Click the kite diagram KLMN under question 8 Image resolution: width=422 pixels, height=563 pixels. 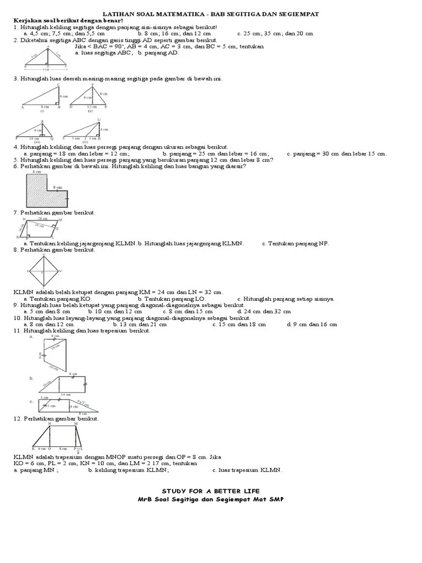click(45, 271)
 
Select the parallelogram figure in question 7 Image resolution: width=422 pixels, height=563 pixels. click(41, 228)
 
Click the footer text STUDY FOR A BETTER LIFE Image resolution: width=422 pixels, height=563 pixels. click(211, 490)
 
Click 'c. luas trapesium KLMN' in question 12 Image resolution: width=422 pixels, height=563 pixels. click(247, 470)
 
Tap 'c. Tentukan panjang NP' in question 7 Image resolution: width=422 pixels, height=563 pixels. click(295, 244)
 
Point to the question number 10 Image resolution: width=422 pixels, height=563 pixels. click(18, 318)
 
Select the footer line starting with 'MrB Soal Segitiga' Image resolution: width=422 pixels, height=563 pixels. click(211, 499)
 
